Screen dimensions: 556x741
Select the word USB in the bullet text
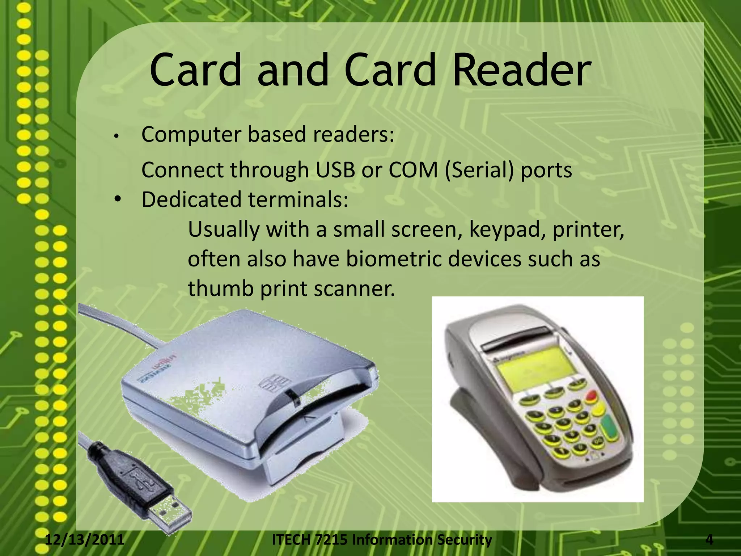(335, 170)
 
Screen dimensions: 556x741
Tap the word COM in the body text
(413, 170)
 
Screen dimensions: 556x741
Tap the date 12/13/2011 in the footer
(85, 540)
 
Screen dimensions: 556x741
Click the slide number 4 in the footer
(710, 540)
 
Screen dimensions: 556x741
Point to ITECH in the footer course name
(291, 540)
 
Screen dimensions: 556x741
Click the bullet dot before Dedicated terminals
(117, 199)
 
